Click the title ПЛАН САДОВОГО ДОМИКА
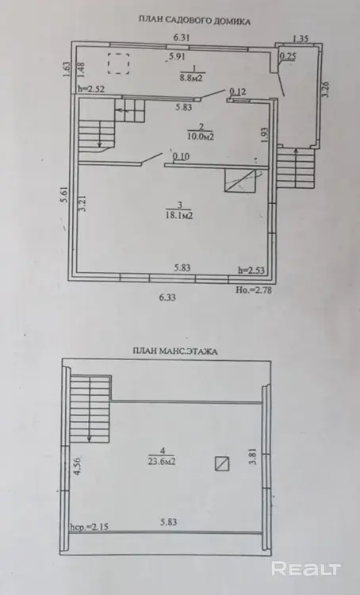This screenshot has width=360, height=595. click(194, 21)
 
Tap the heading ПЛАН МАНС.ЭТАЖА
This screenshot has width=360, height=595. click(175, 351)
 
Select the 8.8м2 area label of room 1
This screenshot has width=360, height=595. click(192, 79)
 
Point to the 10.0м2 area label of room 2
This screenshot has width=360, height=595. click(201, 136)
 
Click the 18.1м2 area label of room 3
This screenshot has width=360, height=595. click(180, 216)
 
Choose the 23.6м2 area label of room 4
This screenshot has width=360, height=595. click(162, 462)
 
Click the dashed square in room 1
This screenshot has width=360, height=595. click(118, 63)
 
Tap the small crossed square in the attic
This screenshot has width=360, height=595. click(222, 464)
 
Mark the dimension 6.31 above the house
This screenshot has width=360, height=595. click(182, 37)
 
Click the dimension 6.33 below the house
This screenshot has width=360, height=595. click(167, 297)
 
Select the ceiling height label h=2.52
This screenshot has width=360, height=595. click(91, 90)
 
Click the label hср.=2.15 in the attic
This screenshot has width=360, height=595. click(90, 527)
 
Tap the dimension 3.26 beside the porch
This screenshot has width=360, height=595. click(325, 90)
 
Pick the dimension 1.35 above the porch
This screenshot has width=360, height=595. click(301, 38)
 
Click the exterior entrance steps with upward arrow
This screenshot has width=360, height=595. click(296, 168)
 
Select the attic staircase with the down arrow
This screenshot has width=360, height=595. click(90, 409)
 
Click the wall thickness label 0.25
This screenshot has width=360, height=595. click(288, 56)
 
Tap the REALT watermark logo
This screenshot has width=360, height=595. click(306, 568)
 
